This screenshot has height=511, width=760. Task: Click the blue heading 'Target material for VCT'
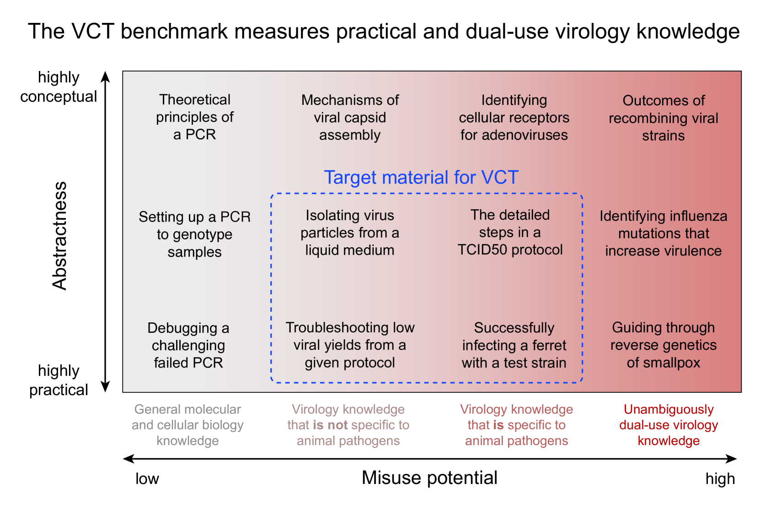click(421, 178)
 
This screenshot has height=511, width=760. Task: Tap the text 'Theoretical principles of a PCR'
click(195, 117)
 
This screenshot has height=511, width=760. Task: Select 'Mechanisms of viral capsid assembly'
click(350, 118)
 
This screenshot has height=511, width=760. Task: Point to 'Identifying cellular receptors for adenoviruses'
click(514, 118)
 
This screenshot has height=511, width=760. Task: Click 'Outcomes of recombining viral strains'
click(663, 118)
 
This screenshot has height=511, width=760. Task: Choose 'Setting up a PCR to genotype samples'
click(195, 234)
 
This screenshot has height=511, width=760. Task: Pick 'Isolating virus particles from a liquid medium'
click(350, 233)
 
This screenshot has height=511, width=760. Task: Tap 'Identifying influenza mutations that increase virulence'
click(663, 234)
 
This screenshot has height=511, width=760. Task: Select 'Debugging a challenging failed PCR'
click(188, 345)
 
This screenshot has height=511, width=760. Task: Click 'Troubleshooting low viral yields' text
click(350, 336)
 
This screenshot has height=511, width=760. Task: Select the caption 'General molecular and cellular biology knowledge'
click(187, 425)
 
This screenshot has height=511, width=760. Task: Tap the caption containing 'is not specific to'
click(348, 425)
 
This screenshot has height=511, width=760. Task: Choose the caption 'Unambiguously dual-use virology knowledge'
click(669, 425)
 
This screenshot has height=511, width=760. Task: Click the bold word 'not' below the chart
click(337, 425)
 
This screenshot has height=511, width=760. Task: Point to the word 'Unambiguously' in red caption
click(669, 409)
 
